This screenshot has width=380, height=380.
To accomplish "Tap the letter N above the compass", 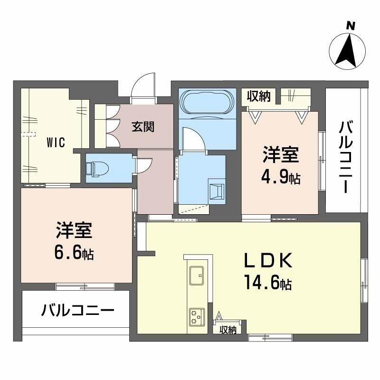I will tap(351, 26).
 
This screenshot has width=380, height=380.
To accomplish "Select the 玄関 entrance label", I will tap(142, 127).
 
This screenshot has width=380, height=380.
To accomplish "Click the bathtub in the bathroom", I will tap(207, 102).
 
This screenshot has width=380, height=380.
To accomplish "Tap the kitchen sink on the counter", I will tap(196, 274).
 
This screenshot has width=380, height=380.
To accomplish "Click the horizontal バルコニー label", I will tap(77, 311).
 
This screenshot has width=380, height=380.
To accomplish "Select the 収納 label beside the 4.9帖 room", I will tap(258, 96).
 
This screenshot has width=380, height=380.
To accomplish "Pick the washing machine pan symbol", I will tap(217, 190).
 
